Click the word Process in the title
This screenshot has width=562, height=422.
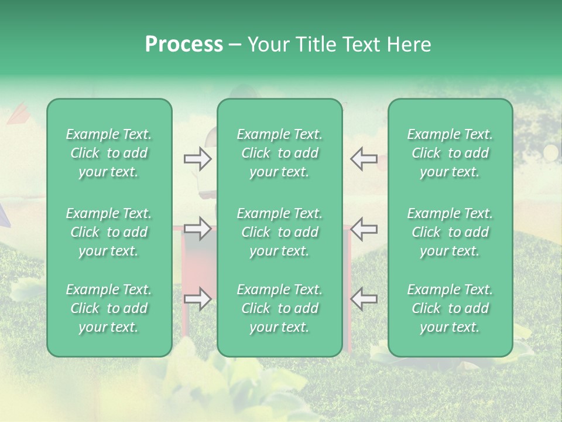184,45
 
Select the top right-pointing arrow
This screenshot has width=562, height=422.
197,159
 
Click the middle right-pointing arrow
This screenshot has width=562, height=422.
197,228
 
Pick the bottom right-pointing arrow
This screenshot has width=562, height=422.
197,299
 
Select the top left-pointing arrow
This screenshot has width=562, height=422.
364,159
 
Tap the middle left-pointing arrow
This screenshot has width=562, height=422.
364,228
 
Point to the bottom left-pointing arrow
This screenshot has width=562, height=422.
364,299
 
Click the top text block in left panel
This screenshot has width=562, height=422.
109,153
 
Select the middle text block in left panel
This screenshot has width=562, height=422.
109,232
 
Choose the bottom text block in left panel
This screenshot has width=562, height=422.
109,308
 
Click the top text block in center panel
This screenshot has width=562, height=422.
279,153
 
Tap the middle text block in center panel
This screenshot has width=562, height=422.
279,232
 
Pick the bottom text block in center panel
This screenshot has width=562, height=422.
279,308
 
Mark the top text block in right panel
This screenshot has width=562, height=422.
450,153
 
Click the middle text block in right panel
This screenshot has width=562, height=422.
450,232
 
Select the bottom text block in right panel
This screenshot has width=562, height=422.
450,308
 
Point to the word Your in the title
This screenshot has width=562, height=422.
267,45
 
